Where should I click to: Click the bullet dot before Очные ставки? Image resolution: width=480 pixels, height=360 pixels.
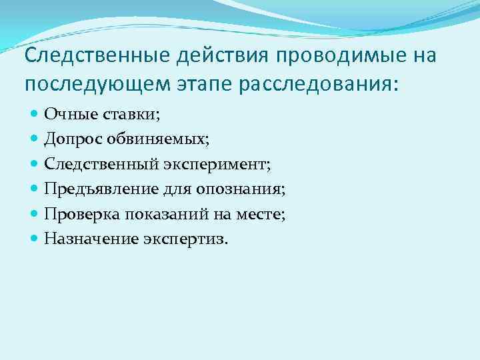point(35,114)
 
